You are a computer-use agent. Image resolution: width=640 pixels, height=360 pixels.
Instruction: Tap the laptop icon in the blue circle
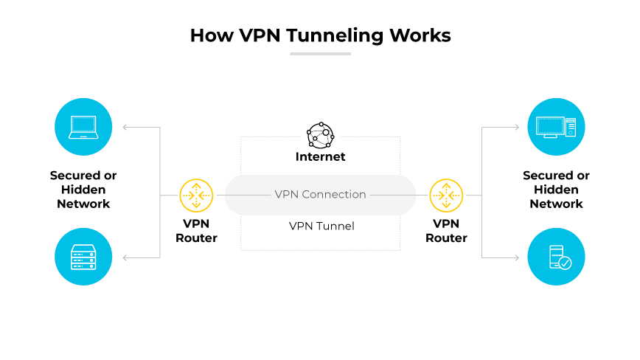(83, 127)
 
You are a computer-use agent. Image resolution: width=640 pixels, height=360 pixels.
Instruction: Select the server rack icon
(83, 257)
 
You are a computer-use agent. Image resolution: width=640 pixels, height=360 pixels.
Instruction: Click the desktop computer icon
(557, 127)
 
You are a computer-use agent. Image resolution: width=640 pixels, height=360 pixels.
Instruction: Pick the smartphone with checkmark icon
(557, 257)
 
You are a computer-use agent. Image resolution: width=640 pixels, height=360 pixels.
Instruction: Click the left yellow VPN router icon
(196, 195)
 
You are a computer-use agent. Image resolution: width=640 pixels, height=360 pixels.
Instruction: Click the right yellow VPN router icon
(446, 195)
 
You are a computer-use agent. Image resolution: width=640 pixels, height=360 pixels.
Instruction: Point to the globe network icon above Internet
(320, 135)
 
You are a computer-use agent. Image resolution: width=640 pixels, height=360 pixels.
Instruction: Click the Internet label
(320, 156)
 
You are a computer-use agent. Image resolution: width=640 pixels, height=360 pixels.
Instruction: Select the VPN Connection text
(320, 195)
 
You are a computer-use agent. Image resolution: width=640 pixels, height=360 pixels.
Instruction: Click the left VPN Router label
(196, 230)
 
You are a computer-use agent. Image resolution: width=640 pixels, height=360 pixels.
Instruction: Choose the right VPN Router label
(446, 230)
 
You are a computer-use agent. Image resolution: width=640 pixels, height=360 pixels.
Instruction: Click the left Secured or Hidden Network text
(83, 190)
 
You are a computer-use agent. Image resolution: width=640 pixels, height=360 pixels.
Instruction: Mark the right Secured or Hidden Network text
(557, 190)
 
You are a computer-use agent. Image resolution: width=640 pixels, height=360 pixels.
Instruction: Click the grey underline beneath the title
(320, 53)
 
